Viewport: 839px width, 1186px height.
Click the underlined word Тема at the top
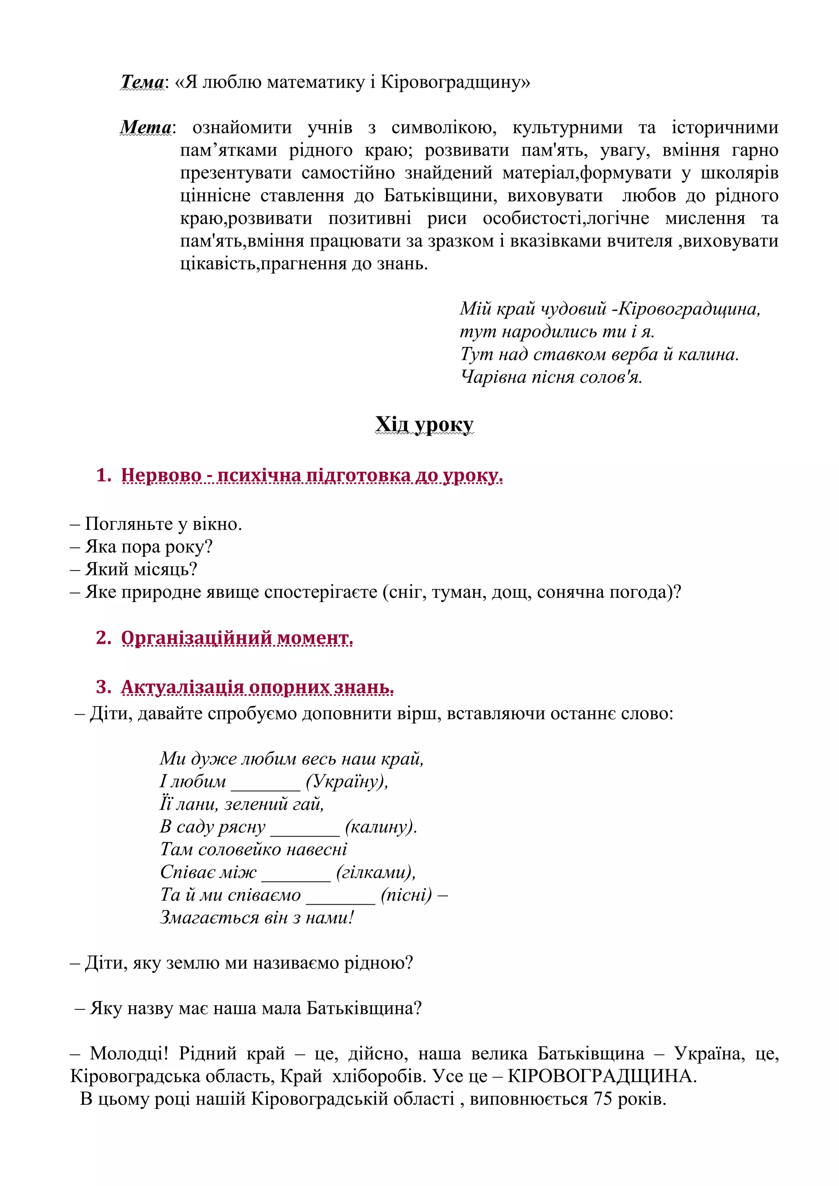click(142, 82)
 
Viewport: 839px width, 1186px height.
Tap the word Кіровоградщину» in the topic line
click(455, 82)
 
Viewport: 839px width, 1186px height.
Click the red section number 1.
click(103, 475)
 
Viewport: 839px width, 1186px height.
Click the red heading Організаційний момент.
click(237, 638)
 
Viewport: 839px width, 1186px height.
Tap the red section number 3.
click(103, 687)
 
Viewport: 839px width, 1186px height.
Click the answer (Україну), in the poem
click(347, 781)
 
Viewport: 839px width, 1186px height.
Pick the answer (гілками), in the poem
click(376, 872)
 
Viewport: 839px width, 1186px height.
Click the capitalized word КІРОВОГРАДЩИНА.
click(602, 1076)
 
